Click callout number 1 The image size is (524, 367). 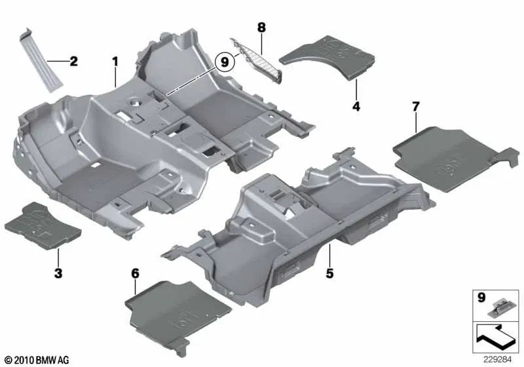click(x=115, y=63)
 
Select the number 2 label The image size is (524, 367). click(x=73, y=62)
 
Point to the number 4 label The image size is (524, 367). click(x=356, y=106)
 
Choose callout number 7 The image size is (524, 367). click(x=415, y=106)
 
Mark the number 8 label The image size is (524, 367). click(x=261, y=28)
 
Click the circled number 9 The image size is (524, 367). click(x=225, y=62)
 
